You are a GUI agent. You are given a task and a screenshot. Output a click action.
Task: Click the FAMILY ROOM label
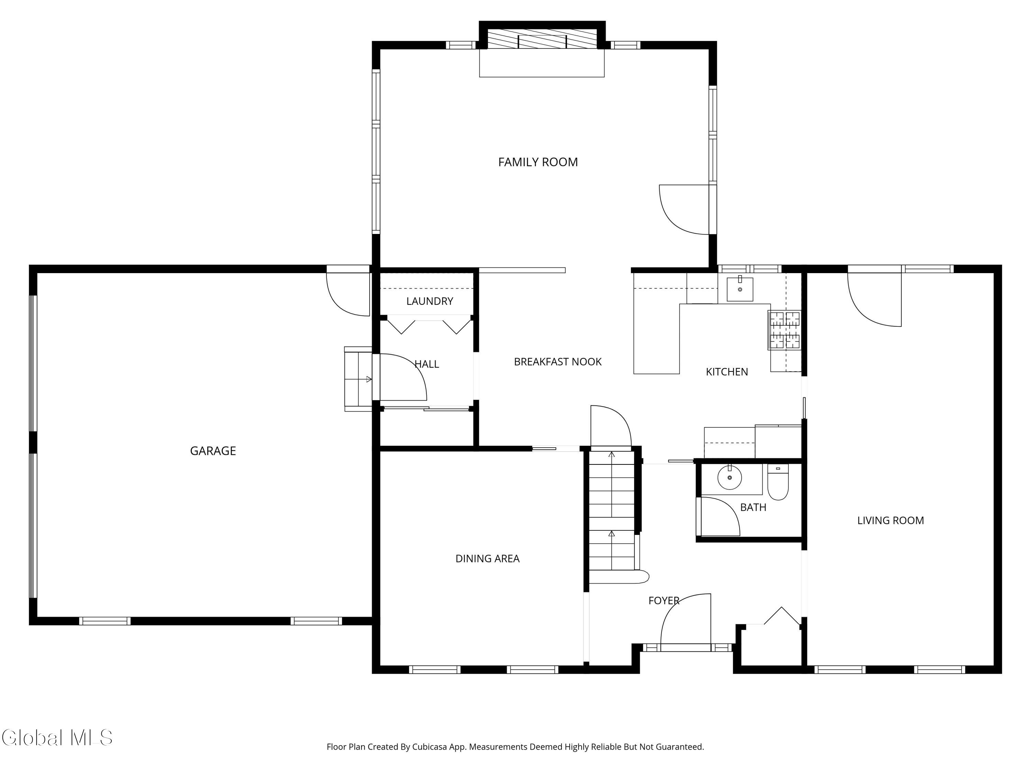point(538,162)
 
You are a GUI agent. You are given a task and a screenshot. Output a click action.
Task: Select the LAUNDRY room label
point(430,301)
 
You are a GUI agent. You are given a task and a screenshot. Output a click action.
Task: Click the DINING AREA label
point(487,558)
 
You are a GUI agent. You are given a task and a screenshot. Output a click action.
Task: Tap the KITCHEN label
point(727,371)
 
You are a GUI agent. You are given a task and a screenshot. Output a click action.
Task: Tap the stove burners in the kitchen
point(785,330)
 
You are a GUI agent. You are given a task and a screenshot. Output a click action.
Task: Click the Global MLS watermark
point(57,738)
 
